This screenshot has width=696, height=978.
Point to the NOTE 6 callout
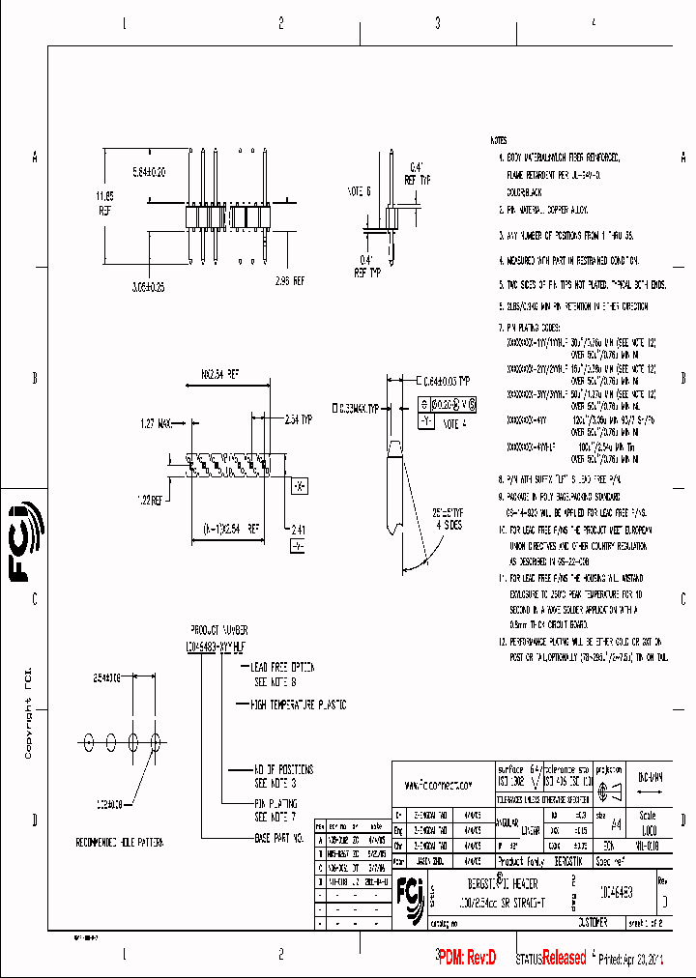click(x=359, y=191)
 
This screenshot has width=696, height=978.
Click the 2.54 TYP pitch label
click(x=298, y=420)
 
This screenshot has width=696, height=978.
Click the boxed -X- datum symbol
click(x=300, y=484)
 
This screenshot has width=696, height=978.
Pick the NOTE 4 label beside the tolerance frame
click(x=454, y=422)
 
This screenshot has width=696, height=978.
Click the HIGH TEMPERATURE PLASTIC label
click(x=298, y=705)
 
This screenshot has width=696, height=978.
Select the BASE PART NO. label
click(x=278, y=837)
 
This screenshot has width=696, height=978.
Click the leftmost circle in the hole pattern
click(x=90, y=740)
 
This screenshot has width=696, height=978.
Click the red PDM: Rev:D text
click(x=466, y=957)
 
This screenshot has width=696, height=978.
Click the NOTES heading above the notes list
click(x=499, y=140)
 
